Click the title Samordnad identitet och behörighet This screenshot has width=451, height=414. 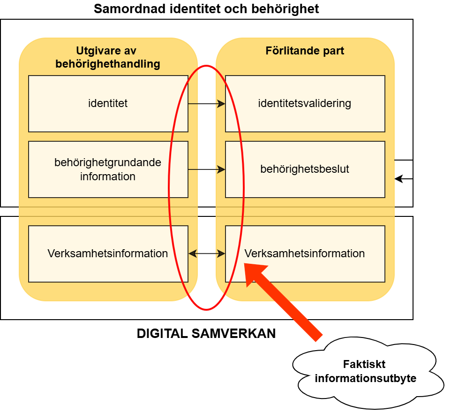click(206, 9)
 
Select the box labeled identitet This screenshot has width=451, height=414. click(108, 104)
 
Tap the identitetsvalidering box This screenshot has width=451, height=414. click(305, 104)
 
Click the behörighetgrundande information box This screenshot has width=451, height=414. click(108, 169)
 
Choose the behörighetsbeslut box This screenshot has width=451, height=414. click(305, 169)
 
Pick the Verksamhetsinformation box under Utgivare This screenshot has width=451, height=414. click(108, 254)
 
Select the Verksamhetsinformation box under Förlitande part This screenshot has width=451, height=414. click(305, 254)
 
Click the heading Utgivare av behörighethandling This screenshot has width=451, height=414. click(108, 57)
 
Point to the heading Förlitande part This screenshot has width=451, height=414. click(305, 51)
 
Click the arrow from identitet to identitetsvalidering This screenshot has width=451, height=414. click(206, 104)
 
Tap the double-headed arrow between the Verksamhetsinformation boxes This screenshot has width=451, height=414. click(206, 254)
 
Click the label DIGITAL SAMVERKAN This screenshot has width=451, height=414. click(206, 334)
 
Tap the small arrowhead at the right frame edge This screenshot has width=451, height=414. click(398, 179)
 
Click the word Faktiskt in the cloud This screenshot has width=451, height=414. click(364, 364)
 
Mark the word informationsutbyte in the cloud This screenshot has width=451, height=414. click(366, 378)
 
